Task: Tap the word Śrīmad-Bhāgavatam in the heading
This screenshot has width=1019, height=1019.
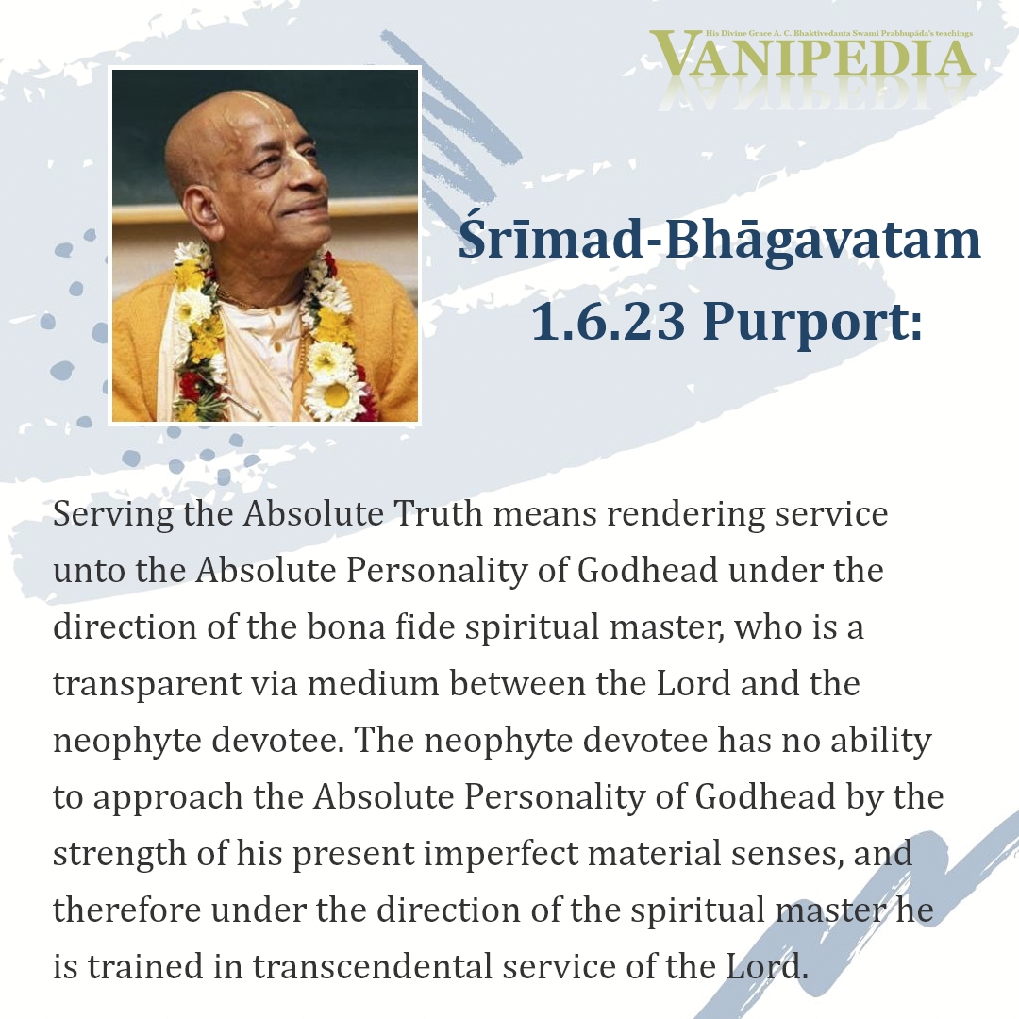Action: (x=719, y=240)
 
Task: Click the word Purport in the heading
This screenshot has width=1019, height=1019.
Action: (x=812, y=323)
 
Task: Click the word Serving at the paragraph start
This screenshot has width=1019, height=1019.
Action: (x=113, y=515)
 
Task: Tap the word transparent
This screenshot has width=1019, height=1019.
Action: (x=147, y=685)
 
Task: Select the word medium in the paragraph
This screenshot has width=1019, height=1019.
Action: (x=374, y=684)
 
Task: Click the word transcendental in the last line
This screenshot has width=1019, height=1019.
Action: (x=373, y=967)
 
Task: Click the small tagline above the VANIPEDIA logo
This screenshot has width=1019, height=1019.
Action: (x=839, y=33)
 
